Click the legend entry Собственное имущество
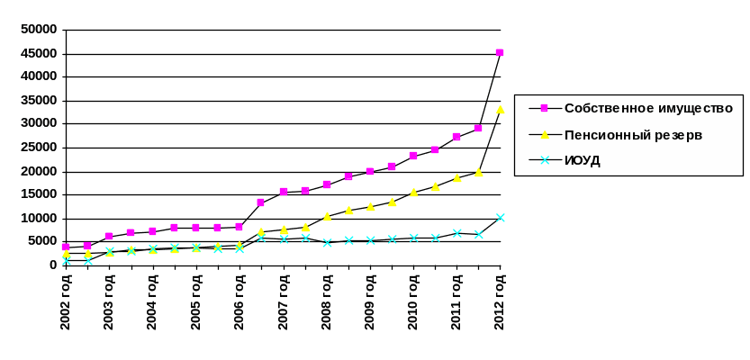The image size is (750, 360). pos(648,108)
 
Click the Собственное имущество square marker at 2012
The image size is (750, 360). pos(500,52)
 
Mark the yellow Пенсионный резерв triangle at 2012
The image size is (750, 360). pos(501,110)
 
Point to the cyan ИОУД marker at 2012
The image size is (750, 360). pos(501,218)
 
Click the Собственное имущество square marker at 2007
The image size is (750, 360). pos(283,191)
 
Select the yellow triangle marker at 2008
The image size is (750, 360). pos(327,216)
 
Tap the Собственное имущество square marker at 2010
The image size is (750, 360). pos(413,156)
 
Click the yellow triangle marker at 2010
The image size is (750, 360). pos(413,193)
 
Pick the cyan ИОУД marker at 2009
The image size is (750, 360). pos(370,240)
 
